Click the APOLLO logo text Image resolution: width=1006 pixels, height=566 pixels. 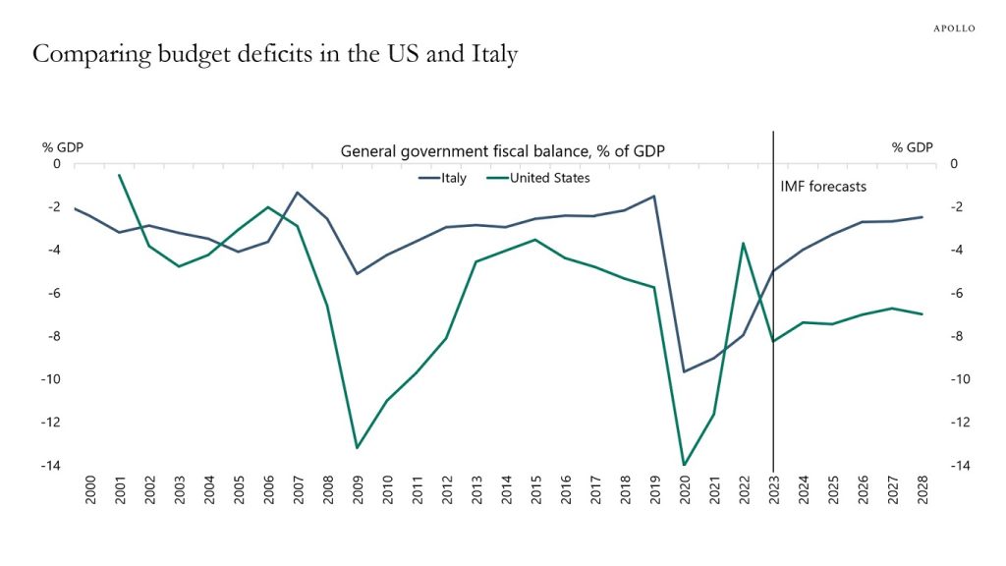pos(953,28)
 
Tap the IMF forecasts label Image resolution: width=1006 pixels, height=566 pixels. pos(823,185)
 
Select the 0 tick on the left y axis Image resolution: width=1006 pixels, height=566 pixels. pos(56,163)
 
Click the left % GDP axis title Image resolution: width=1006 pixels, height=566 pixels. pos(63,147)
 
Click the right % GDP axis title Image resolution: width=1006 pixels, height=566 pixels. pos(912,147)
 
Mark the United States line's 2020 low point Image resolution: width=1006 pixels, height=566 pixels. pos(685,465)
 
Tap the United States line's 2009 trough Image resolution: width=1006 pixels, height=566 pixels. pos(358,448)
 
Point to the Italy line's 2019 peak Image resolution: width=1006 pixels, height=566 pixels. pos(654,196)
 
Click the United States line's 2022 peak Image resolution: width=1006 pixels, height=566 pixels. pos(744,243)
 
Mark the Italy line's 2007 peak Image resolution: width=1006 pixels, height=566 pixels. pos(298,193)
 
